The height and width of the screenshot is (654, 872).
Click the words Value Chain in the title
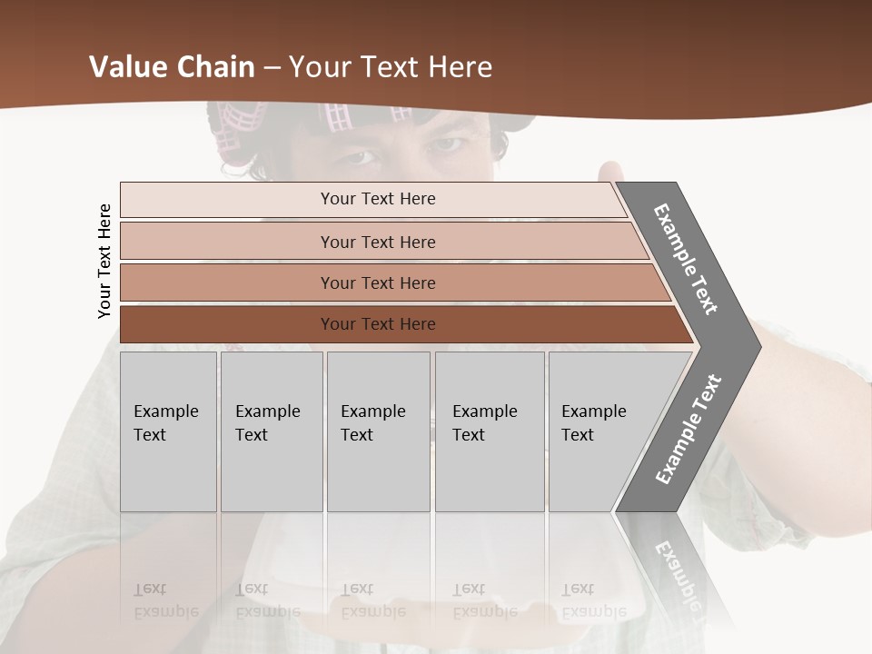point(172,67)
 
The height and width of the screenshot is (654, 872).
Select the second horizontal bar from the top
point(377,242)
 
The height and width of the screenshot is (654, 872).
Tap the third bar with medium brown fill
point(377,282)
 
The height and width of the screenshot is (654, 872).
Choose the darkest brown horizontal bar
point(377,324)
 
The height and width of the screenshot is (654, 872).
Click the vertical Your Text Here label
point(104,261)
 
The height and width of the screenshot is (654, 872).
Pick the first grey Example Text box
point(168,431)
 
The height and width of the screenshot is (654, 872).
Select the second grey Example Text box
point(271,431)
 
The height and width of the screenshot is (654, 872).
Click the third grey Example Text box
point(378,431)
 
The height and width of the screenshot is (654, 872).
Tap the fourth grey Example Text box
point(489,431)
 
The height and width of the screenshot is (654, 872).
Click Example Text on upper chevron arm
point(686,259)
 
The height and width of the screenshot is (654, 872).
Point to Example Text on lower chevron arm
point(689,430)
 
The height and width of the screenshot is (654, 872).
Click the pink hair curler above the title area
point(338,116)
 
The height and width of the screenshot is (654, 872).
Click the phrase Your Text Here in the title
point(391,67)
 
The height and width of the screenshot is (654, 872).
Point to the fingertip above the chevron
point(610,168)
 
